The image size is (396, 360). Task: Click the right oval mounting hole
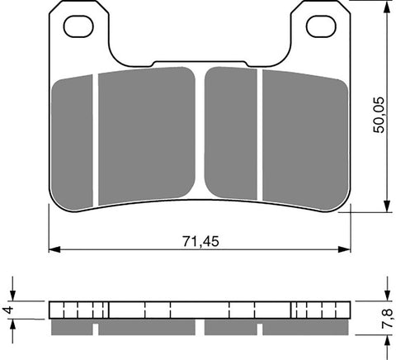(320, 26)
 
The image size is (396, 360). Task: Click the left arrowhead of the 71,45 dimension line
(53, 248)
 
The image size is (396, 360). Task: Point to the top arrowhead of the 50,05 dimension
(387, 7)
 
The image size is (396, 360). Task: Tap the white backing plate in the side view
(200, 310)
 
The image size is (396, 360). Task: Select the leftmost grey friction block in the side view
(72, 328)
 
